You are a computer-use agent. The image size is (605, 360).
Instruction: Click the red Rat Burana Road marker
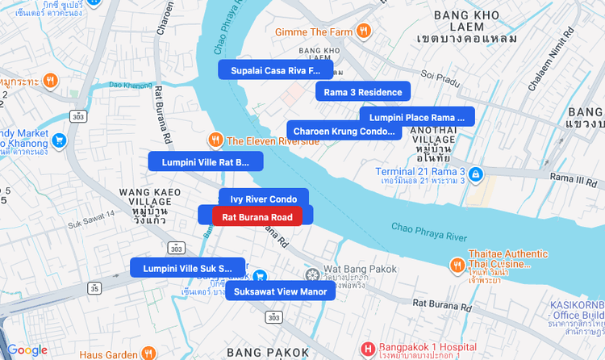[257, 216]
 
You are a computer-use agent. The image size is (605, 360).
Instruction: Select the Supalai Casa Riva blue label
[275, 70]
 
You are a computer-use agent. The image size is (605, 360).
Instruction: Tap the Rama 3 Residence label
[362, 92]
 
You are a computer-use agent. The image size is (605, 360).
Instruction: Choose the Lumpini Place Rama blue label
[417, 117]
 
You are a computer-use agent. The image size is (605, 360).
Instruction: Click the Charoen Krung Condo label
[344, 131]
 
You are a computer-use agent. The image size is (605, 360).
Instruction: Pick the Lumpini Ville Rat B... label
[205, 161]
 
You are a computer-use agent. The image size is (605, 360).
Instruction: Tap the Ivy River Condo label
[263, 199]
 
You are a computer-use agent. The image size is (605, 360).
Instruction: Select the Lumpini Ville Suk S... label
[187, 268]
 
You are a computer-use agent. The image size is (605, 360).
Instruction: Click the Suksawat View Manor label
[280, 291]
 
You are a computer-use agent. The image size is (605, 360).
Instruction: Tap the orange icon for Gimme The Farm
[365, 31]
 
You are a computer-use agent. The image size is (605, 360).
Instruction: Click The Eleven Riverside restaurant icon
[215, 140]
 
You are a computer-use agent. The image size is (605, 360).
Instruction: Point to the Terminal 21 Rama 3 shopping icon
[476, 174]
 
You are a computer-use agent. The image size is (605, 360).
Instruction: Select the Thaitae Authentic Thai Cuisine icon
[457, 264]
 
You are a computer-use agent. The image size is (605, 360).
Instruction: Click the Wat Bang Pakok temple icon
[313, 276]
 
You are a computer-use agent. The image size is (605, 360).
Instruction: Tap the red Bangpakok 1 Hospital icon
[369, 350]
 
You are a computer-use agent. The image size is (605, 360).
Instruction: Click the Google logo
[27, 350]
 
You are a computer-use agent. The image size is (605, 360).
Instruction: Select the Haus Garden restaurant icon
[148, 354]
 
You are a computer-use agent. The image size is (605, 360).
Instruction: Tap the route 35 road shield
[95, 287]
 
